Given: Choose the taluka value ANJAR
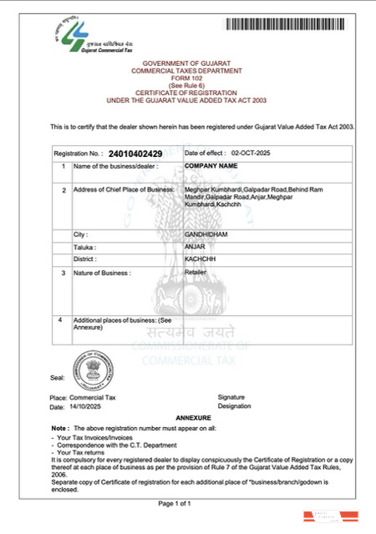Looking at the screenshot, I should [x=193, y=247].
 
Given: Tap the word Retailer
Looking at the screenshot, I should [x=196, y=272].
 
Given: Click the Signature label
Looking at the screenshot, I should [x=231, y=397].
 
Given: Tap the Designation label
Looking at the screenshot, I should [x=234, y=406].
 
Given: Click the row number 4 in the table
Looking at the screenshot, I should [x=58, y=320].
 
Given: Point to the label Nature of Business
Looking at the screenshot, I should [x=102, y=273].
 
